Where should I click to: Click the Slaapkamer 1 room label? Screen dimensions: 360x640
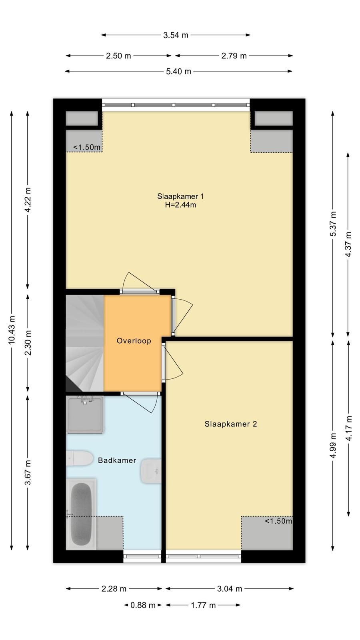click(x=180, y=196)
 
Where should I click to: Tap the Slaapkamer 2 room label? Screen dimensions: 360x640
click(x=230, y=424)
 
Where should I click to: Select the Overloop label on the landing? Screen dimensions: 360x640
click(x=134, y=341)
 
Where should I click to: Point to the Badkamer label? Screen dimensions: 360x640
click(x=117, y=460)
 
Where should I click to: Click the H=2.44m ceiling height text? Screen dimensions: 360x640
click(x=180, y=205)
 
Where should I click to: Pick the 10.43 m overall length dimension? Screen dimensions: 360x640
click(x=12, y=330)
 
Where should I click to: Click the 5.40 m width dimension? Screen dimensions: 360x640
click(x=178, y=71)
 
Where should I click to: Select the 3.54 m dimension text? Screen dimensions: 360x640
click(x=176, y=35)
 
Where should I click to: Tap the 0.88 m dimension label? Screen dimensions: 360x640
click(x=143, y=605)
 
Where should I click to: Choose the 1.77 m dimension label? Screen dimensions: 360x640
click(x=203, y=605)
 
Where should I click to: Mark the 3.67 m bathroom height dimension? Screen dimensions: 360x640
click(x=28, y=472)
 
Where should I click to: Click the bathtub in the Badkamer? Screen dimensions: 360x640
click(x=81, y=514)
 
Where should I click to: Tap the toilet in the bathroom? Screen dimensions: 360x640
click(x=80, y=458)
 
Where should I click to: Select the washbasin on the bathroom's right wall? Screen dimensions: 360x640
click(x=151, y=471)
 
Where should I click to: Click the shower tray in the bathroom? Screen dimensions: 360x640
click(x=84, y=414)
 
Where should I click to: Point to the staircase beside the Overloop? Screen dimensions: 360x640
click(x=85, y=343)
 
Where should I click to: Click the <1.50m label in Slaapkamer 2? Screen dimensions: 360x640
click(x=278, y=521)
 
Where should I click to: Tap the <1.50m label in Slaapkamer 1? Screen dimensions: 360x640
click(x=87, y=148)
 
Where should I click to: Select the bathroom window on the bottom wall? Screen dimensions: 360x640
click(x=142, y=556)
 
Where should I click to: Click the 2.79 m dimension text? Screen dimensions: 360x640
click(x=234, y=56)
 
